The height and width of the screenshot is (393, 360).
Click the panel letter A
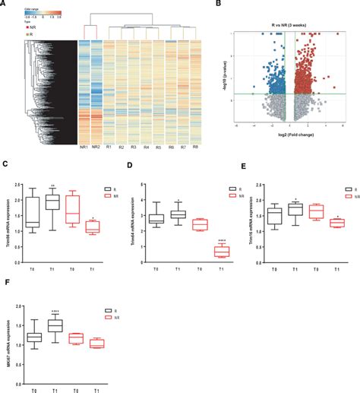pyautogui.click(x=5, y=4)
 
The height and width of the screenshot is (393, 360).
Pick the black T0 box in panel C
pyautogui.click(x=31, y=212)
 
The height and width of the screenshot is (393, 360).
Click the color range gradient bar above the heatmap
pyautogui.click(x=27, y=16)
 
